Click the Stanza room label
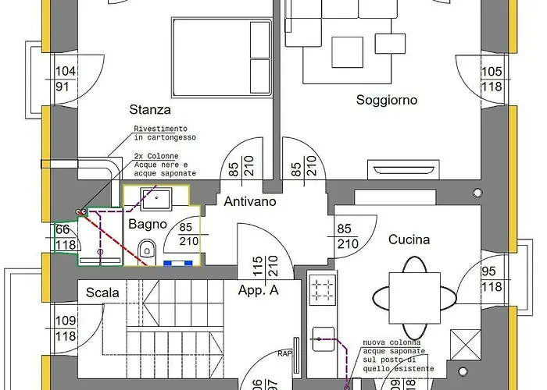[150, 109]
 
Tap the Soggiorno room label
[387, 100]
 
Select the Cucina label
[409, 239]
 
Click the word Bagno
[148, 224]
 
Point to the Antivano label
[250, 202]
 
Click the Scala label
[102, 292]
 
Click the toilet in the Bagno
[146, 250]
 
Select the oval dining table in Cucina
[413, 297]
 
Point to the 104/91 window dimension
[65, 78]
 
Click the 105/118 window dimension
[491, 78]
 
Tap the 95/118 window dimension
[491, 278]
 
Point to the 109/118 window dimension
[66, 328]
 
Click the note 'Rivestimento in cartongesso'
[159, 133]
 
